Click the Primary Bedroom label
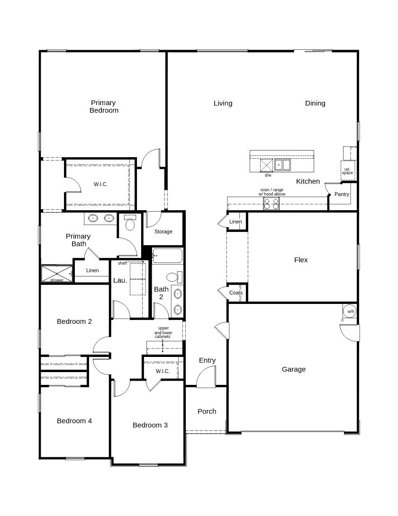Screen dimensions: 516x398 (x=104, y=107)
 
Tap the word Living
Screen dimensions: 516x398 (x=223, y=103)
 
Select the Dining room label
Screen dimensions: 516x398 (x=315, y=103)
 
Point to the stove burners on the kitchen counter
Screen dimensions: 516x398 (x=271, y=204)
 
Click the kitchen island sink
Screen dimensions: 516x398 (x=282, y=165)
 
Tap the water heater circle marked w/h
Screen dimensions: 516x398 (x=350, y=311)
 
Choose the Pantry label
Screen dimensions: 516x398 (x=342, y=194)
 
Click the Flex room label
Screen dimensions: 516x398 (x=301, y=260)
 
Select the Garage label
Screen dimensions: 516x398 (x=294, y=369)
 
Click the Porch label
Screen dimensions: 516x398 (x=207, y=411)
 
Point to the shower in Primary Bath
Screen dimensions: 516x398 (x=57, y=274)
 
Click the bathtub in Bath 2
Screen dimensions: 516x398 (x=167, y=256)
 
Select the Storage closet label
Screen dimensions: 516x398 (x=163, y=231)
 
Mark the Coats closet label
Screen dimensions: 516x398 (x=236, y=293)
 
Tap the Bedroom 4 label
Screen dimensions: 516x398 (x=74, y=421)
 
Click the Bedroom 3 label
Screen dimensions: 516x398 (x=150, y=425)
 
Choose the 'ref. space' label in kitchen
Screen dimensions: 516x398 (x=347, y=171)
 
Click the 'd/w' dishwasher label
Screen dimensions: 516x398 (x=268, y=175)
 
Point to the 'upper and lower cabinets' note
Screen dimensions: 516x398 (x=163, y=332)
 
